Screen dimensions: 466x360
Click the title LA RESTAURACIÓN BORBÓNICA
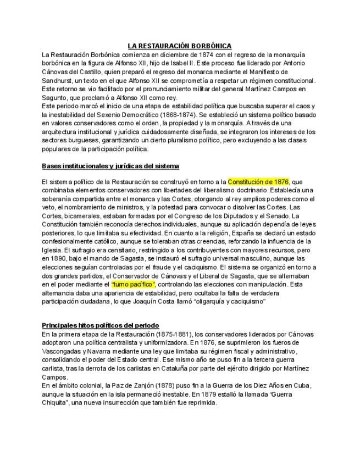[x=180, y=46]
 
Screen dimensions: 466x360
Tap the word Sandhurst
[x=57, y=80]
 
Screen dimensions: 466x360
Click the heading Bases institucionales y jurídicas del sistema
[x=110, y=165]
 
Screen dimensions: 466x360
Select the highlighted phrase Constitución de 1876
[x=258, y=181]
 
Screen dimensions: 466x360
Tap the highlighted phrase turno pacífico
[x=133, y=284]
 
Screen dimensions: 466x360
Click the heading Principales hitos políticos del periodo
[x=101, y=325]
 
